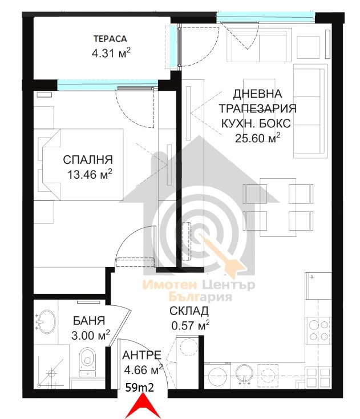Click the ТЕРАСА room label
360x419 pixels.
pyautogui.click(x=110, y=39)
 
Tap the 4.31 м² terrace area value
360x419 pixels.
pyautogui.click(x=111, y=53)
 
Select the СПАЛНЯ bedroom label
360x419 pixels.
pyautogui.click(x=88, y=160)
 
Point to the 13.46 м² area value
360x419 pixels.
pyautogui.click(x=90, y=175)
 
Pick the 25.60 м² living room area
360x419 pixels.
pyautogui.click(x=257, y=138)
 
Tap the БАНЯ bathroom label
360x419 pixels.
pyautogui.click(x=89, y=321)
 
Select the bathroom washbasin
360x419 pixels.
pyautogui.click(x=46, y=322)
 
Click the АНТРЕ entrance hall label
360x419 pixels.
pyautogui.click(x=142, y=355)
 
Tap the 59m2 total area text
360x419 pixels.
pyautogui.click(x=139, y=387)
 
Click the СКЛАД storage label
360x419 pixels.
pyautogui.click(x=189, y=311)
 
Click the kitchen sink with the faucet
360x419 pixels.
pyautogui.click(x=244, y=374)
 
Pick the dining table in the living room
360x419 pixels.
pyautogui.click(x=278, y=207)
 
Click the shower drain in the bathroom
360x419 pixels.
pyautogui.click(x=51, y=373)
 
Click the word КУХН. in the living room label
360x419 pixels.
pyautogui.click(x=237, y=123)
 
